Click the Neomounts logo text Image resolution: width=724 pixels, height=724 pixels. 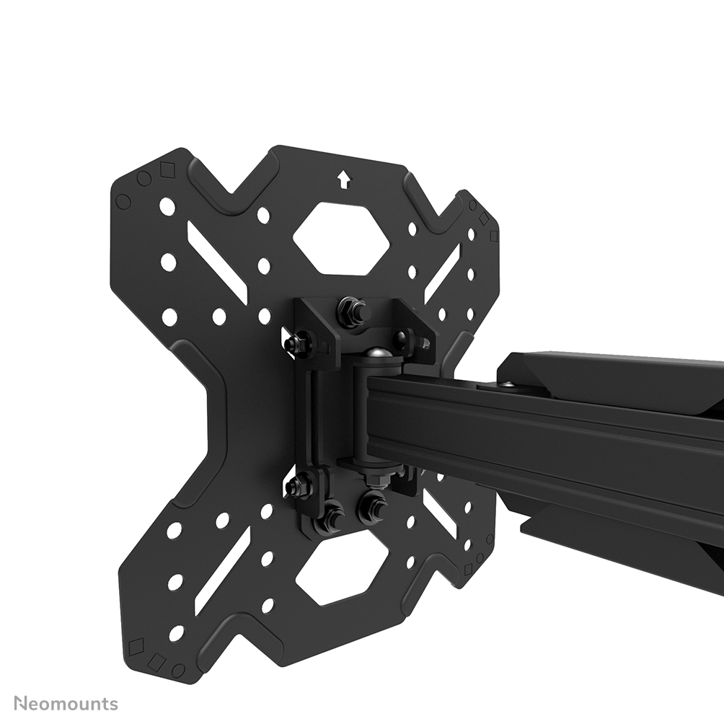pyautogui.click(x=66, y=704)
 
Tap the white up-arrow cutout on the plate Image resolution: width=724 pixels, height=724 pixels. pyautogui.click(x=343, y=180)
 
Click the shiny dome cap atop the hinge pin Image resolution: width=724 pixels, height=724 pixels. pyautogui.click(x=379, y=357)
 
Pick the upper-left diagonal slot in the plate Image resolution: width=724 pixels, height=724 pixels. pyautogui.click(x=218, y=257)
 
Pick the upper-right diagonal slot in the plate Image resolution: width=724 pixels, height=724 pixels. pyautogui.click(x=441, y=271)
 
